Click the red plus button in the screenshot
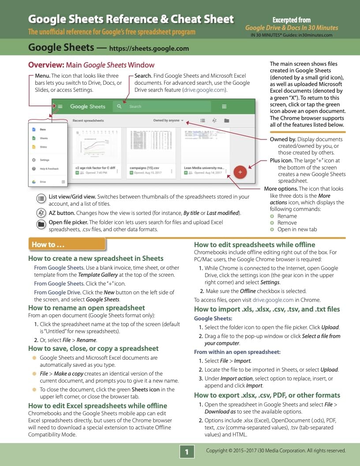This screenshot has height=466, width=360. point(240,172)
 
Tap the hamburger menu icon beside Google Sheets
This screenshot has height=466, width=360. point(60,106)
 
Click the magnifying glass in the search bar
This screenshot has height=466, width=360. point(119,106)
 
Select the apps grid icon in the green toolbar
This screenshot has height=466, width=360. point(224,106)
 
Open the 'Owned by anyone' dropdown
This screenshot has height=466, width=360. point(169,120)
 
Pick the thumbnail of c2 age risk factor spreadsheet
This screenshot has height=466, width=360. point(95,146)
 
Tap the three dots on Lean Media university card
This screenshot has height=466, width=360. point(226,172)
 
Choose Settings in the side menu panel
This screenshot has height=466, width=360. point(44,160)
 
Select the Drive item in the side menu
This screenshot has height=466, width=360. point(42,181)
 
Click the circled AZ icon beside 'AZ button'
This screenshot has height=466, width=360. point(41,213)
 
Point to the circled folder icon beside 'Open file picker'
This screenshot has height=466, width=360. point(41,224)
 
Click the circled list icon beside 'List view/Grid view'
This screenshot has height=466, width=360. point(41,198)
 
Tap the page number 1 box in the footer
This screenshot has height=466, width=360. point(187,451)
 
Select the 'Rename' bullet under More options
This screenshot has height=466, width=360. point(287,216)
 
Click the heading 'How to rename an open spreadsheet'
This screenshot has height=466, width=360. point(86,308)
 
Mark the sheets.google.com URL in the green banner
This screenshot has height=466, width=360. point(149,49)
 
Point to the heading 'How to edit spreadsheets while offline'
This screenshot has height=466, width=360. point(255,244)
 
